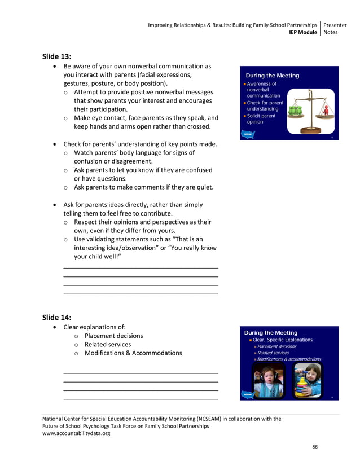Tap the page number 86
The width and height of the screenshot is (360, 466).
pos(315,447)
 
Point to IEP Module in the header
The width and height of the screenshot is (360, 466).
pos(303,32)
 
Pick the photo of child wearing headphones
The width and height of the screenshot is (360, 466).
pos(269,381)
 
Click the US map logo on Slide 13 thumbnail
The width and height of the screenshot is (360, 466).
pos(247,134)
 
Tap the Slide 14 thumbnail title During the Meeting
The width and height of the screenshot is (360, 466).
pos(270,333)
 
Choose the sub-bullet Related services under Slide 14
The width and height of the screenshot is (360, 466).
pos(107,344)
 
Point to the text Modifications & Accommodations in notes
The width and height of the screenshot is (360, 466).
pos(133,353)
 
